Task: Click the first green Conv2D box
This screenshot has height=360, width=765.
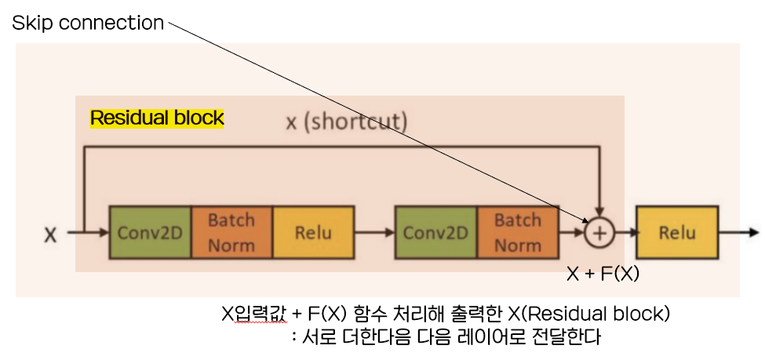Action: (x=150, y=233)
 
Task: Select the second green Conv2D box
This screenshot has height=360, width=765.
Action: (x=436, y=233)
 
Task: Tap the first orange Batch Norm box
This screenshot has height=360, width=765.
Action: (x=231, y=233)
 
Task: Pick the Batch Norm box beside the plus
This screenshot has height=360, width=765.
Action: (x=518, y=233)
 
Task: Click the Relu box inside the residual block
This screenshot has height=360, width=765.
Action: (x=313, y=233)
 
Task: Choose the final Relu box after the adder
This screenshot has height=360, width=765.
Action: (x=677, y=233)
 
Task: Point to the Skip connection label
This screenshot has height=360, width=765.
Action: (x=87, y=24)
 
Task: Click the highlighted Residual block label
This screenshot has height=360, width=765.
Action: (x=157, y=118)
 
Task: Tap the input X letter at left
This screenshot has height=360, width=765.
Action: (x=50, y=234)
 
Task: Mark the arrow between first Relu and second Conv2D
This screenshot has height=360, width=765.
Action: (x=374, y=233)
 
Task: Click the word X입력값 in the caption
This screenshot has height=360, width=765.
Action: (x=252, y=315)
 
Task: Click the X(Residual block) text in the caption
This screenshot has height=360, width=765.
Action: (x=588, y=315)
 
